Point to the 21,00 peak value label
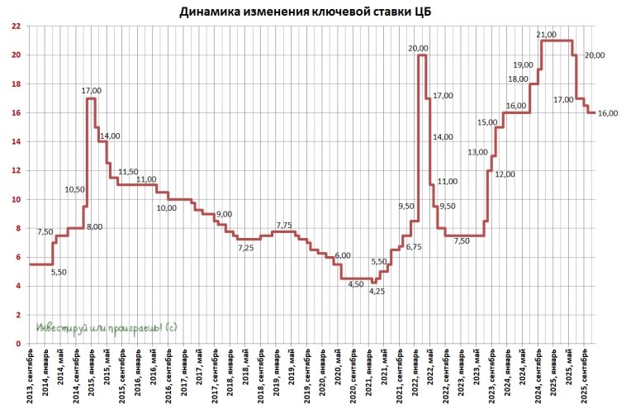[x=546, y=34]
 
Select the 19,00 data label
[x=523, y=64]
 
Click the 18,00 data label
[x=518, y=79]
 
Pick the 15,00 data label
[x=487, y=122]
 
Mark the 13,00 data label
[x=477, y=152]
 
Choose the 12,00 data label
[x=505, y=174]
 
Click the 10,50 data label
[x=75, y=189]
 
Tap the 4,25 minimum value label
[x=377, y=291]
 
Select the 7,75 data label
[x=283, y=225]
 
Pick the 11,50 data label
[x=128, y=172]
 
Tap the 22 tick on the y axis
[x=16, y=26]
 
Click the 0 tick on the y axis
[x=18, y=344]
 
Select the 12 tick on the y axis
[x=16, y=170]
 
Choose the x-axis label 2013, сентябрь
[x=31, y=379]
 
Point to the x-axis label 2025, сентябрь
[x=583, y=379]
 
